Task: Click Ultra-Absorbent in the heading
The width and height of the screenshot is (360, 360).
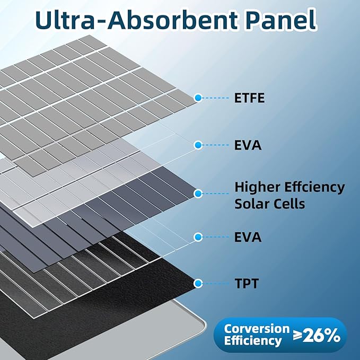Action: (136, 20)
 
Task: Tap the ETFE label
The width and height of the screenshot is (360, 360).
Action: (249, 98)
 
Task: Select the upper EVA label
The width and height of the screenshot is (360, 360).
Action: (248, 145)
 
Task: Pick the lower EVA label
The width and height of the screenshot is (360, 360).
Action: (248, 237)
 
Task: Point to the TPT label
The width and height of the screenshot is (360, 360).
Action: (247, 283)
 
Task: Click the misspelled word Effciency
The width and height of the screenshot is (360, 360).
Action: (314, 188)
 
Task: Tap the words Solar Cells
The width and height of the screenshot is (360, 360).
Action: (269, 204)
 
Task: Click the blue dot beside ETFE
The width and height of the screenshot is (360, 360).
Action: (198, 98)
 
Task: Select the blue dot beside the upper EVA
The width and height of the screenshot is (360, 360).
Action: (198, 145)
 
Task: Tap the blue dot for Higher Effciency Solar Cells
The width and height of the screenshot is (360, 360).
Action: (198, 194)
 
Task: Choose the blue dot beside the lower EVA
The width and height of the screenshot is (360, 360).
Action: (198, 237)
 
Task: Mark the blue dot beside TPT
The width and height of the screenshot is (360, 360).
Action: (198, 284)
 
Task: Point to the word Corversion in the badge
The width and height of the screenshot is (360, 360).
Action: (257, 329)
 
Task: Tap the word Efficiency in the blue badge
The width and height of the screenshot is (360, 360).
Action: (253, 340)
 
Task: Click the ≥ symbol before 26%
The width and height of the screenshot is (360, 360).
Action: (298, 336)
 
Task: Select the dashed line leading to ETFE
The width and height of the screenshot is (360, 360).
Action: (215, 98)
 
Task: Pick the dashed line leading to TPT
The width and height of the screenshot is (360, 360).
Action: (215, 284)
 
